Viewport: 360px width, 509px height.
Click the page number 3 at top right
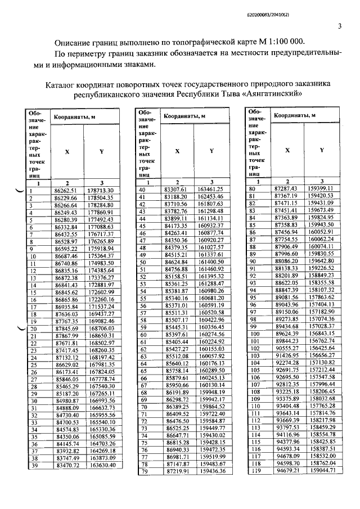click(x=339, y=26)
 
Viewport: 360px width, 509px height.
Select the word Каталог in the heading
click(x=62, y=84)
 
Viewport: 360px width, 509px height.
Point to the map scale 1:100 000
click(x=279, y=42)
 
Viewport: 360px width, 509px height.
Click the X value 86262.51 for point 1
click(x=65, y=191)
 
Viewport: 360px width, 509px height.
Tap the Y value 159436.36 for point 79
click(x=211, y=471)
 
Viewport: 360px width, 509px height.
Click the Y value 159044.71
click(x=322, y=470)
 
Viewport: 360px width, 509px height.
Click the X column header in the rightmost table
click(x=287, y=150)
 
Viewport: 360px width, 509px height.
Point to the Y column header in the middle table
click(x=211, y=151)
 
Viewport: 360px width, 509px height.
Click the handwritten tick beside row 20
click(x=20, y=328)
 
